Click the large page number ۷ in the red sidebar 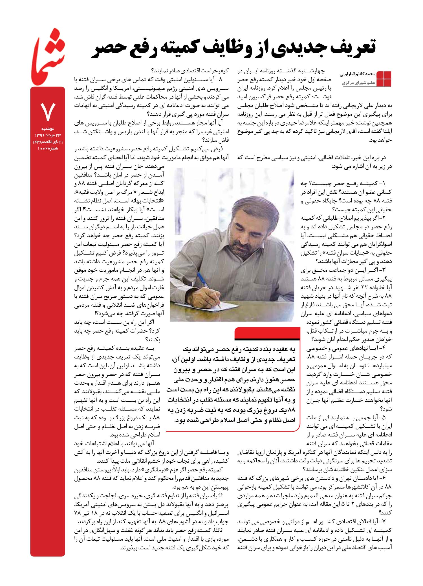48,112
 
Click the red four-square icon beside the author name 384,79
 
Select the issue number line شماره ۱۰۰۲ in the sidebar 48,148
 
